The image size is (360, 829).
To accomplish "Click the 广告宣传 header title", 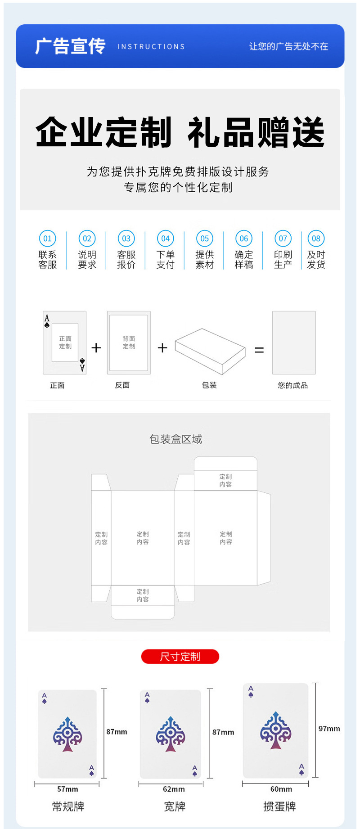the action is [x=70, y=46].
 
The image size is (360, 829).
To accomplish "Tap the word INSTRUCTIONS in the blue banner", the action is [x=151, y=47].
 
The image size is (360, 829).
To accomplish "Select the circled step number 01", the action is [x=47, y=239].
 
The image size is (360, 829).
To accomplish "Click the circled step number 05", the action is [x=204, y=239].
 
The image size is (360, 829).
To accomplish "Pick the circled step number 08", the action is [x=316, y=239].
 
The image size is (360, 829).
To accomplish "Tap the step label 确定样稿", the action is [x=244, y=260].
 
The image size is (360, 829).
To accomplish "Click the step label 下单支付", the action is [x=165, y=260].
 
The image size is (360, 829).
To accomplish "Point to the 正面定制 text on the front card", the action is [x=65, y=342].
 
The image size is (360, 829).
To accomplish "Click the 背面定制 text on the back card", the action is [x=129, y=342].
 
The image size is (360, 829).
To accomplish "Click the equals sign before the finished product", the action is [x=259, y=350].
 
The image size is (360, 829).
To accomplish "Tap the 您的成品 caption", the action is [x=292, y=385].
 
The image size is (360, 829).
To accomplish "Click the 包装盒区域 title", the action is [x=175, y=439].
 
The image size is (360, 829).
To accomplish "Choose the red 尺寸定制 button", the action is [x=180, y=657].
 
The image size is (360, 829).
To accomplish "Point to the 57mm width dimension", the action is [x=67, y=789].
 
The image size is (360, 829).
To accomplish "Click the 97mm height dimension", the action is [x=329, y=729].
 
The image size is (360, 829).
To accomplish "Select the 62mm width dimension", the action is [x=174, y=789].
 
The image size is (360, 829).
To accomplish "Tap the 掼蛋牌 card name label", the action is [x=279, y=806].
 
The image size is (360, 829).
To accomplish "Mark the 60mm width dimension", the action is [x=281, y=789].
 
